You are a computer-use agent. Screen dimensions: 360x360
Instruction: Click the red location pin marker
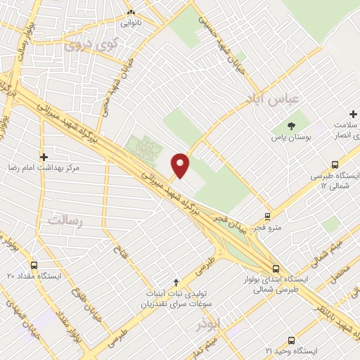coord(181,165)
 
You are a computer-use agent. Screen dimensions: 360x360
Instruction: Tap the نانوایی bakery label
coord(131,23)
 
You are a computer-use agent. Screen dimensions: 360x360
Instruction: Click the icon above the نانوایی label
coord(131,12)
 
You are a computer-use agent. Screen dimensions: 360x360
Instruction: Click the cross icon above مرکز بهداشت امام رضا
coord(44,157)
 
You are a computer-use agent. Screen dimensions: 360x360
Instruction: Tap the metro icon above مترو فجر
coord(267,215)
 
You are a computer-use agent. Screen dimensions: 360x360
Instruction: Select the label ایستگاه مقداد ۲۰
coord(34,276)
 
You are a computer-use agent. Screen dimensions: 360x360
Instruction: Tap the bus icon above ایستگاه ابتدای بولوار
coord(276,268)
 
